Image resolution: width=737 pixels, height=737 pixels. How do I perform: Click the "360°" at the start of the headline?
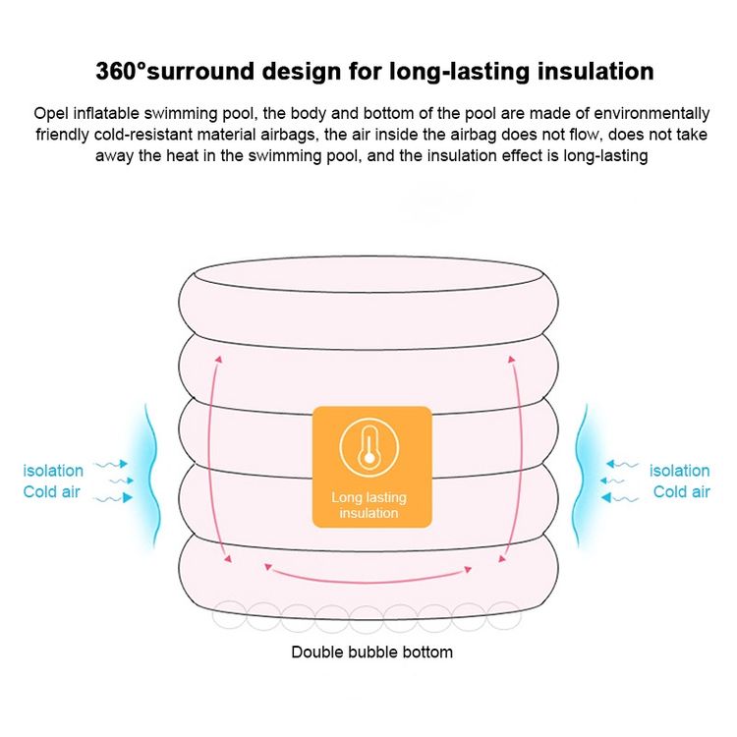coord(121,72)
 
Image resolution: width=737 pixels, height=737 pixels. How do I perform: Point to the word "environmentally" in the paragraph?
coord(652,114)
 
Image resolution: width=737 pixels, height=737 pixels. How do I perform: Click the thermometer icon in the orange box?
coord(369,447)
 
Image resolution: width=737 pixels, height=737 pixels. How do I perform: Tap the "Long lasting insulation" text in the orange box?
coord(368,505)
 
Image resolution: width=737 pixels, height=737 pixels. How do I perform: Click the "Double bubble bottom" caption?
coord(371,652)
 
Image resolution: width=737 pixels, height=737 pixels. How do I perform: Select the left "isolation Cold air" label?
coord(53,481)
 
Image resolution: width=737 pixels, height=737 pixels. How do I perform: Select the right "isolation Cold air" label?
coord(680,481)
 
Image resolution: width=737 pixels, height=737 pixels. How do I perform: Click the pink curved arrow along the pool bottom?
coord(368,581)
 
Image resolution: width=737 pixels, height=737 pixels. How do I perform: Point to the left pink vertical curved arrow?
coord(209,458)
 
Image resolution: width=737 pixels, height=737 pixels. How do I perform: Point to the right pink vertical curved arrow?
coord(521,458)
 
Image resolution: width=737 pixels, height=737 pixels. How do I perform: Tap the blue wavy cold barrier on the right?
coord(581,475)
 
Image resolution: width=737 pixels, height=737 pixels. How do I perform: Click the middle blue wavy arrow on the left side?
coord(121,481)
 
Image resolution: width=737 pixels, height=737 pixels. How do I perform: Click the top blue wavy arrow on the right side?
coord(622,465)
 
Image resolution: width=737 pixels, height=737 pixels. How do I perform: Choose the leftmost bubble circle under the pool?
coord(229,616)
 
